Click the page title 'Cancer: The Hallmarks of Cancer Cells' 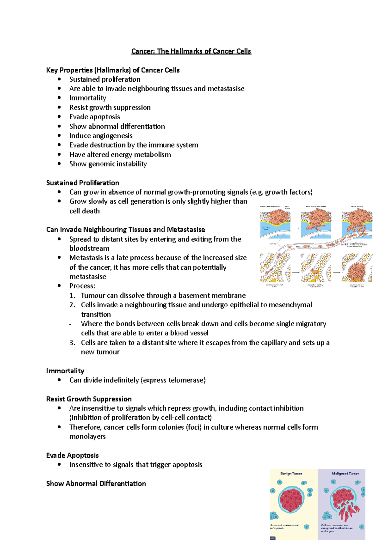(191, 51)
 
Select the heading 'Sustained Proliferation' (82, 183)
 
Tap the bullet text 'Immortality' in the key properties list (88, 98)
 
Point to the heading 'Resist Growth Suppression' (89, 399)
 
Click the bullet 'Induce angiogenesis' (101, 136)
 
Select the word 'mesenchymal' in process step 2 (290, 305)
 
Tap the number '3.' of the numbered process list (72, 343)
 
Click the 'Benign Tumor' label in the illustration (291, 474)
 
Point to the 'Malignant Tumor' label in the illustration (345, 474)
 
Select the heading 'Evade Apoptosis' (72, 455)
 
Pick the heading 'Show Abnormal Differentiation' (96, 484)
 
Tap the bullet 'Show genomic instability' (108, 164)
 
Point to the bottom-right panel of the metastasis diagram (357, 268)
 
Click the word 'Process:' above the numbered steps (82, 286)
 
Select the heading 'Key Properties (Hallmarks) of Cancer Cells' (113, 70)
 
